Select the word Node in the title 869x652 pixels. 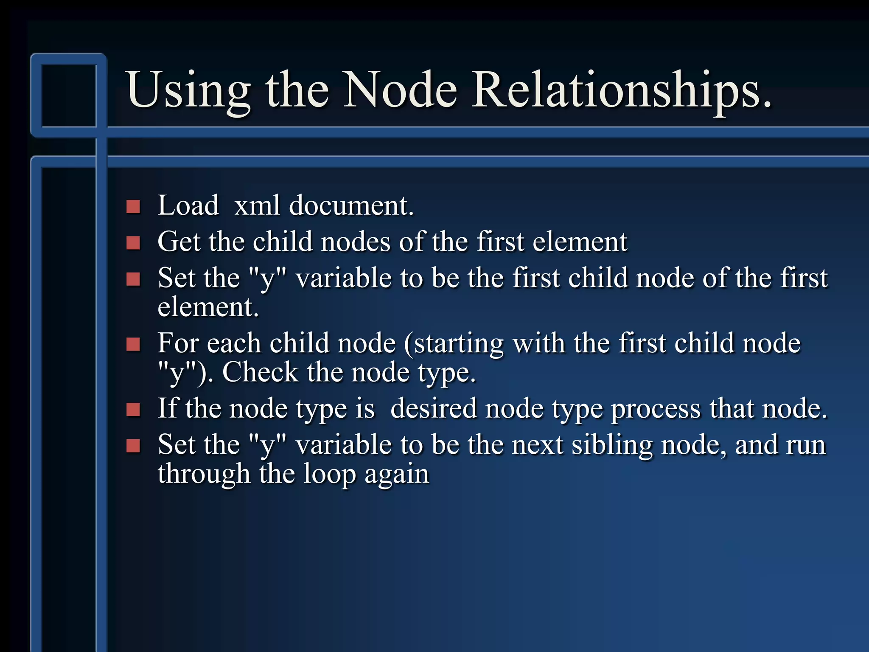(x=401, y=90)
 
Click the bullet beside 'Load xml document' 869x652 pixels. (x=133, y=207)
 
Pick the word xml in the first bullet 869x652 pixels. (x=257, y=205)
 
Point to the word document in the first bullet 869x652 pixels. (x=351, y=205)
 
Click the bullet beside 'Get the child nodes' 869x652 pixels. (x=133, y=243)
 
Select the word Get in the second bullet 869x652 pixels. (x=179, y=242)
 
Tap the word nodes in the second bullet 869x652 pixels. (x=356, y=242)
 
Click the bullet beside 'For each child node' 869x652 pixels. (x=133, y=344)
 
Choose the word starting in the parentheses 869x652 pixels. (x=454, y=344)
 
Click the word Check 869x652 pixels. (x=260, y=372)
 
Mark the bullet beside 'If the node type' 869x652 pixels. (x=133, y=410)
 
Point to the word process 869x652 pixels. (x=656, y=409)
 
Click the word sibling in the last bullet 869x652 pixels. (x=612, y=445)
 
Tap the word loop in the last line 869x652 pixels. (x=330, y=474)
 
